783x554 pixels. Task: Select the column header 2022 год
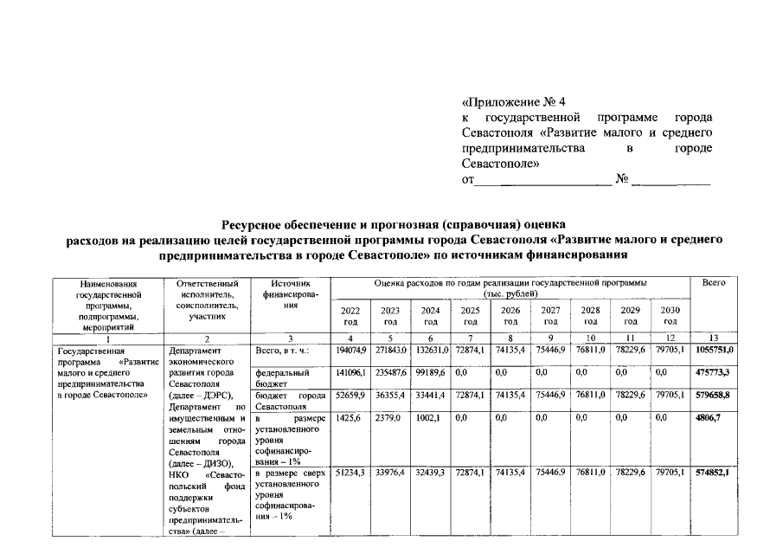[x=350, y=315]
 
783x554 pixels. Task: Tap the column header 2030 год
[x=670, y=315]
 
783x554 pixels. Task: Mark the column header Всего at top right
[x=714, y=283]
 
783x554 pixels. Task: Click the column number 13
[x=714, y=338]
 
